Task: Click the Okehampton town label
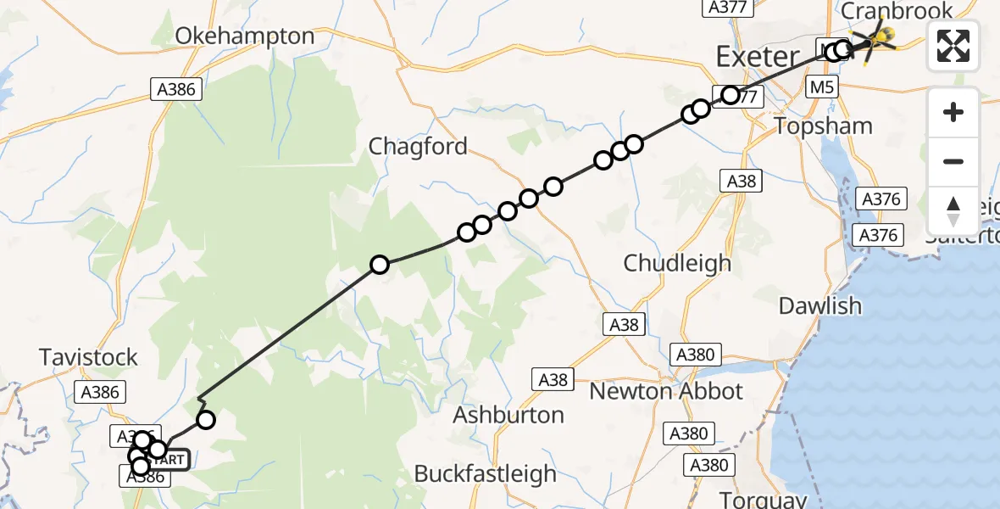[244, 36]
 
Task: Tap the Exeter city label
[757, 58]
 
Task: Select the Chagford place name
[418, 147]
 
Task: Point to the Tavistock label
[88, 357]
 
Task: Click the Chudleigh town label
[677, 263]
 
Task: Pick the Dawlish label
[819, 306]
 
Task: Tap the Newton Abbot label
[666, 391]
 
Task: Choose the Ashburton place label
[508, 415]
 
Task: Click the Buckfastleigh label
[485, 473]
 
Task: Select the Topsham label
[824, 126]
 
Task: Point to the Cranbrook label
[896, 11]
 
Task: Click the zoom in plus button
[953, 112]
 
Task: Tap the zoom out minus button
[953, 161]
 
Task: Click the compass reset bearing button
[953, 210]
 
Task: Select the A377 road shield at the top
[727, 8]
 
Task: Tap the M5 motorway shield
[822, 87]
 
